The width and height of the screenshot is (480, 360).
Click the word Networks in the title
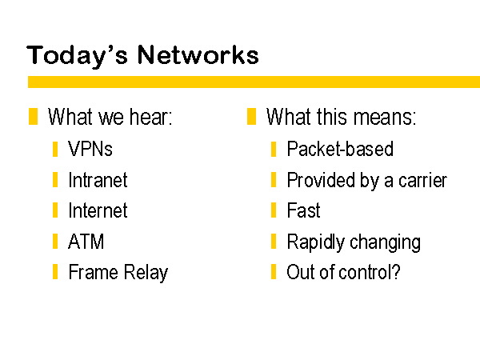point(198,54)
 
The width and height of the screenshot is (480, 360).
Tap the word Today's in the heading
point(77,56)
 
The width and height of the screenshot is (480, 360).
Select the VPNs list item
point(90,149)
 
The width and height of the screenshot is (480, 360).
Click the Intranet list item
point(98,180)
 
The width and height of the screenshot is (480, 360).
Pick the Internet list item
point(98,210)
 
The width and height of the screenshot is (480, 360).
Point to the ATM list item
point(86,242)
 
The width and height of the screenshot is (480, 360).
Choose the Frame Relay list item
point(118,273)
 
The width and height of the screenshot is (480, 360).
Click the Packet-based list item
point(340,149)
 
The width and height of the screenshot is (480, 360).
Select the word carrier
point(422,181)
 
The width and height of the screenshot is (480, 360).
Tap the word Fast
point(303,210)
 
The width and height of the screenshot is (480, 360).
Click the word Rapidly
point(316,242)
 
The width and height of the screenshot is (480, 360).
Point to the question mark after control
point(395,271)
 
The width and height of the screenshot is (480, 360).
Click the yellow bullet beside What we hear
point(33,116)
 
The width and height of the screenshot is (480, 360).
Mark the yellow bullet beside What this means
point(251,116)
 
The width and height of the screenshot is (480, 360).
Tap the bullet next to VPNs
point(55,149)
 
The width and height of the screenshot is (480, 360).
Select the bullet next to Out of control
point(274,271)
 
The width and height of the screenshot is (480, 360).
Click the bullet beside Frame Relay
point(55,271)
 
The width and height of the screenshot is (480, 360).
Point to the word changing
point(385,242)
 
